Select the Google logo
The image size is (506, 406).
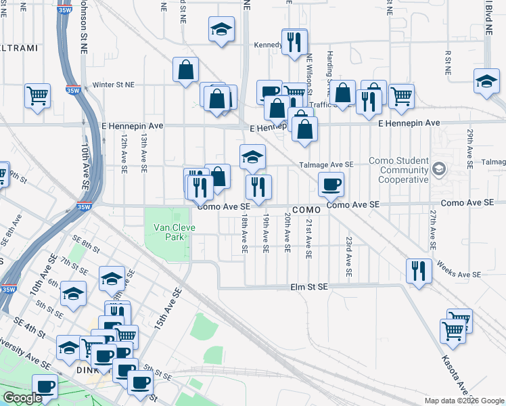coord(22,398)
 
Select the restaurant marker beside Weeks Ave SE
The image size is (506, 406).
coord(419,269)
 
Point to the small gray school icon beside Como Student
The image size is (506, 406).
coord(439,168)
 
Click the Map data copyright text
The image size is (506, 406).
coord(463,401)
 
